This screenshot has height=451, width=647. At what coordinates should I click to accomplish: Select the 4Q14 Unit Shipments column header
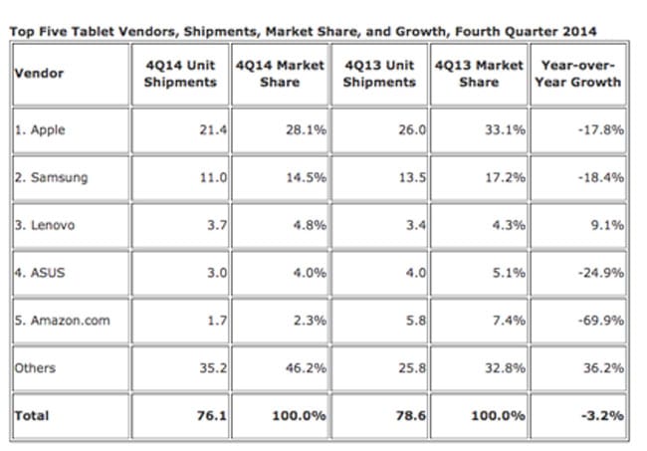tap(180, 73)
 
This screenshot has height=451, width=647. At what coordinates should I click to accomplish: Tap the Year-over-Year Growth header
tap(577, 73)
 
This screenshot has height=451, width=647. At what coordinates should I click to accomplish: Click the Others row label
tap(36, 368)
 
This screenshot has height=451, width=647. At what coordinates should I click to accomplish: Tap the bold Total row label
tap(32, 415)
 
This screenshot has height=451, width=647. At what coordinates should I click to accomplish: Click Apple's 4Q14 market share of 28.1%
tap(306, 129)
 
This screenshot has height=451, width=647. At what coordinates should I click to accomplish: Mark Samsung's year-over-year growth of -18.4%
tap(603, 177)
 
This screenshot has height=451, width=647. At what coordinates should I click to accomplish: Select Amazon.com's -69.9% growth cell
tap(603, 321)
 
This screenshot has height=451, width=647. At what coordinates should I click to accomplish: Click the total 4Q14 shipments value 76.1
tap(205, 415)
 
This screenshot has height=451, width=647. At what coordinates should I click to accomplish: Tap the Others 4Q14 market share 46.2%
tap(306, 368)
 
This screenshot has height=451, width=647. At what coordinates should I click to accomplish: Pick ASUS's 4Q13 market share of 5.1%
tap(507, 273)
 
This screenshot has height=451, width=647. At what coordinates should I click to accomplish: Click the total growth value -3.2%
tap(605, 415)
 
